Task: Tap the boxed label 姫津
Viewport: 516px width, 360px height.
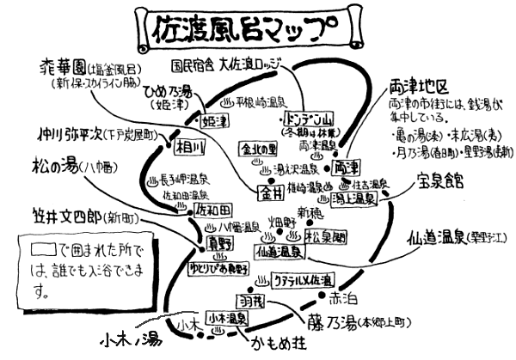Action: [212, 123]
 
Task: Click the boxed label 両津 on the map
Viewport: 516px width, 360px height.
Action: [346, 164]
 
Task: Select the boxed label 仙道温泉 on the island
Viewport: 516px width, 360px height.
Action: [279, 251]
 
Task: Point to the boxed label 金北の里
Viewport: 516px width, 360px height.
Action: [260, 147]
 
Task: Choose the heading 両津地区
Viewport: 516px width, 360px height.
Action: [419, 88]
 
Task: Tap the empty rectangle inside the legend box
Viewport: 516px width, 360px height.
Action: [43, 250]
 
